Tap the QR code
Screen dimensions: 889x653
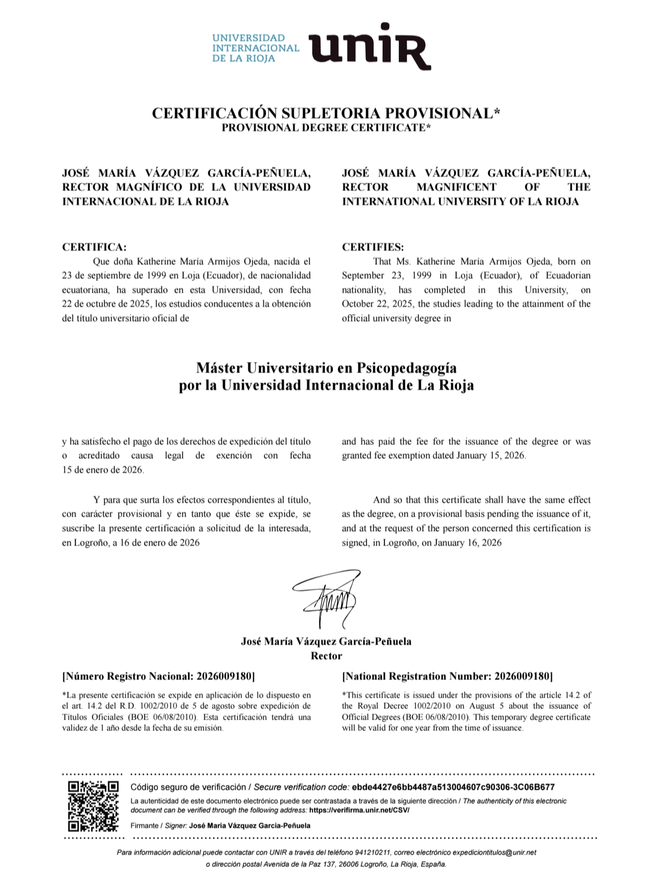(x=93, y=805)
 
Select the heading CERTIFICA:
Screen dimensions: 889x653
(x=95, y=247)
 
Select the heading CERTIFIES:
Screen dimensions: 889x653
(x=373, y=247)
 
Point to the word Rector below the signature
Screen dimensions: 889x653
(x=326, y=656)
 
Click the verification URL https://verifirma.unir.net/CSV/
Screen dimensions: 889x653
(x=359, y=810)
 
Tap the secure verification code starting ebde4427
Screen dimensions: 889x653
(x=452, y=787)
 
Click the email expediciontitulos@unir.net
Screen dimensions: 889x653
(x=495, y=852)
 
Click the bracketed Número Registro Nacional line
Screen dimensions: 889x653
(x=159, y=676)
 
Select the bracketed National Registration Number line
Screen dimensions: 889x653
(x=447, y=676)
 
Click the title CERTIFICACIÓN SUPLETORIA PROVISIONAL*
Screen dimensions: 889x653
(x=326, y=113)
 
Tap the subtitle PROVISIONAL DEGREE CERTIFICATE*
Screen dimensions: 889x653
(x=326, y=128)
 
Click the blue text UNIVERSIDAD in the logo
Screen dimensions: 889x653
(x=249, y=38)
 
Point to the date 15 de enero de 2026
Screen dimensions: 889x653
(x=103, y=470)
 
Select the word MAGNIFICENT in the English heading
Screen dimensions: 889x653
(x=456, y=187)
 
